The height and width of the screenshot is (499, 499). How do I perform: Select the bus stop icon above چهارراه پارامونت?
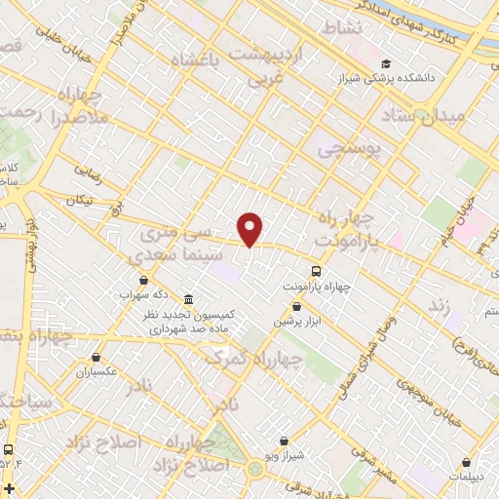[317, 271]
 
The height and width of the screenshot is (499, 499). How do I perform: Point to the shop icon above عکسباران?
[96, 357]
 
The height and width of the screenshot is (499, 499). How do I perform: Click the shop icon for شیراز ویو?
[282, 441]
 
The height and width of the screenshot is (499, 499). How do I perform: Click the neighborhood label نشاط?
[342, 28]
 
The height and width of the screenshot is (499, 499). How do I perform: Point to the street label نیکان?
[77, 201]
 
